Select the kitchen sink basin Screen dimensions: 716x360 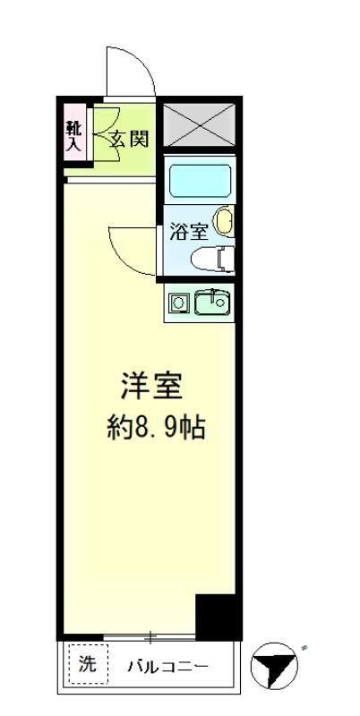(212, 303)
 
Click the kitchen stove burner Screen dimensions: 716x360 (179, 303)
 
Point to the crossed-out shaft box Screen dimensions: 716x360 (198, 124)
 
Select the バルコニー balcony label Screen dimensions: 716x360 (167, 667)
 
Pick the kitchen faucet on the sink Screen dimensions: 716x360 (212, 295)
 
